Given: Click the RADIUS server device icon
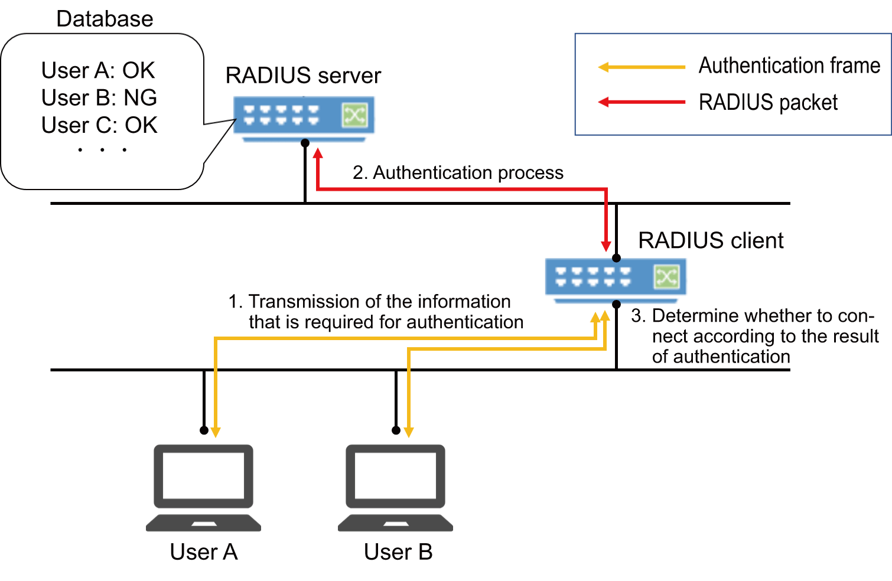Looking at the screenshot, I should (x=304, y=117).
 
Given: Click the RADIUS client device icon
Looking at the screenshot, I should (x=615, y=278).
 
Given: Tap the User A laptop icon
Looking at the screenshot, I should (x=203, y=488).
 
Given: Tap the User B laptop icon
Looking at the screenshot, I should (x=395, y=488).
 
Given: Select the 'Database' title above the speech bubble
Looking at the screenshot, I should (x=105, y=19).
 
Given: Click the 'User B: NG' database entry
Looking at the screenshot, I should (x=99, y=98).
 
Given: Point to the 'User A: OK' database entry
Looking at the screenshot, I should (x=98, y=70).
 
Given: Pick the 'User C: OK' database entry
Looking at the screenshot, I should (x=99, y=125).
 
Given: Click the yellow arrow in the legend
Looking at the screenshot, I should (x=642, y=67).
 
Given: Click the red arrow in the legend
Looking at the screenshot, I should (x=642, y=102).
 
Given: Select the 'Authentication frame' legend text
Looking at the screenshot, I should (x=789, y=66).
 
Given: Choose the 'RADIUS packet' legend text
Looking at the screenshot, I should (x=768, y=103).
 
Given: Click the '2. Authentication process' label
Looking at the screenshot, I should (x=458, y=172).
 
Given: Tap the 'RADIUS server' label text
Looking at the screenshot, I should (x=303, y=76).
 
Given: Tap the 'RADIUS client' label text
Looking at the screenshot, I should (x=711, y=241).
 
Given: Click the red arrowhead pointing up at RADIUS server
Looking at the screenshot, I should (x=318, y=154).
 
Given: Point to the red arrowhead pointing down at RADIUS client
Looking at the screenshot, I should (x=606, y=246).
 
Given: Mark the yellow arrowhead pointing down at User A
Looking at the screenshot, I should (x=216, y=432).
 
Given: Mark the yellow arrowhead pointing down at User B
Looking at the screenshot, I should (x=408, y=432).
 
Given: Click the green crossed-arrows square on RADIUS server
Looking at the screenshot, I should (x=354, y=115).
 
